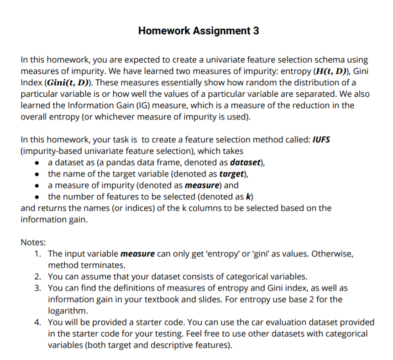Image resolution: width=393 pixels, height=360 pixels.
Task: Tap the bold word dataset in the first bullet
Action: point(246,162)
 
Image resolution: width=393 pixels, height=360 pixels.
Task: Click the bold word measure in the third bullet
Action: point(201,185)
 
